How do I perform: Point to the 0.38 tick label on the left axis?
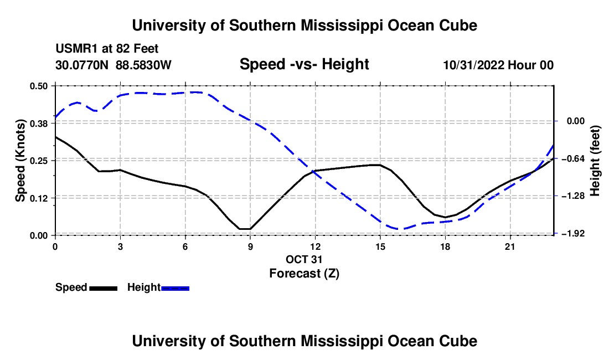point(38,124)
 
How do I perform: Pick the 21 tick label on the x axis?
point(509,246)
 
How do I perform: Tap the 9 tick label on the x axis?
point(250,246)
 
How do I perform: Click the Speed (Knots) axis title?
point(20,161)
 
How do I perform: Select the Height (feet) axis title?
point(595,161)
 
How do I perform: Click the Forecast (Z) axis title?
point(304,274)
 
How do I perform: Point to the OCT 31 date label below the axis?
point(304,259)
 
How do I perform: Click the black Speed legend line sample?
point(104,289)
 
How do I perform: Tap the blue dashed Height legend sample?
point(175,289)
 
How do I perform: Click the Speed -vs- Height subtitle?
point(304,64)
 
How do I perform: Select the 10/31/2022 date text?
point(474,65)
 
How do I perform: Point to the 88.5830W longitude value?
point(143,65)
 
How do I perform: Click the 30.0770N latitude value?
point(82,65)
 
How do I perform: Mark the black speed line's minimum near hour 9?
point(245,229)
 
